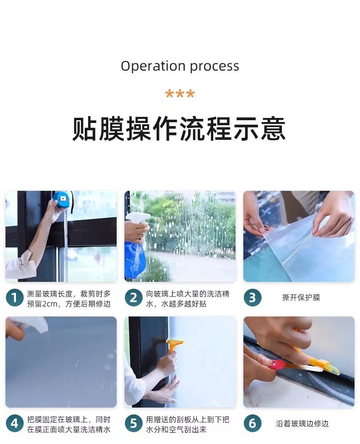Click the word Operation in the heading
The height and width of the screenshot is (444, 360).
154,66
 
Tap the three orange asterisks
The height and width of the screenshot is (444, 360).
180,94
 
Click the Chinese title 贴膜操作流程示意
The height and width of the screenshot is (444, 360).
179,129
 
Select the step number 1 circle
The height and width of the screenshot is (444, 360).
15,298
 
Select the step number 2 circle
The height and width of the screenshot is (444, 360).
134,298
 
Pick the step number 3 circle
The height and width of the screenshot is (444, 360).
252,298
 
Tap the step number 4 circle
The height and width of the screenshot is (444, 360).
15,424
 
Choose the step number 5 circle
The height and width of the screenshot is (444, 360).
134,424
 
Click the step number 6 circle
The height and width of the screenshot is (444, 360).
252,424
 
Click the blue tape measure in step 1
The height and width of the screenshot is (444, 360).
62,199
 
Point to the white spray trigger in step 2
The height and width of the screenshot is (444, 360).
138,220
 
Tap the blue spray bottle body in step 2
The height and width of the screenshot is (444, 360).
134,259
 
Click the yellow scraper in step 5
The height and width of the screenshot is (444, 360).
174,346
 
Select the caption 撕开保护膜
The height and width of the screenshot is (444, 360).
301,298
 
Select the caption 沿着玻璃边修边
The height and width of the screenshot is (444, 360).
302,424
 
